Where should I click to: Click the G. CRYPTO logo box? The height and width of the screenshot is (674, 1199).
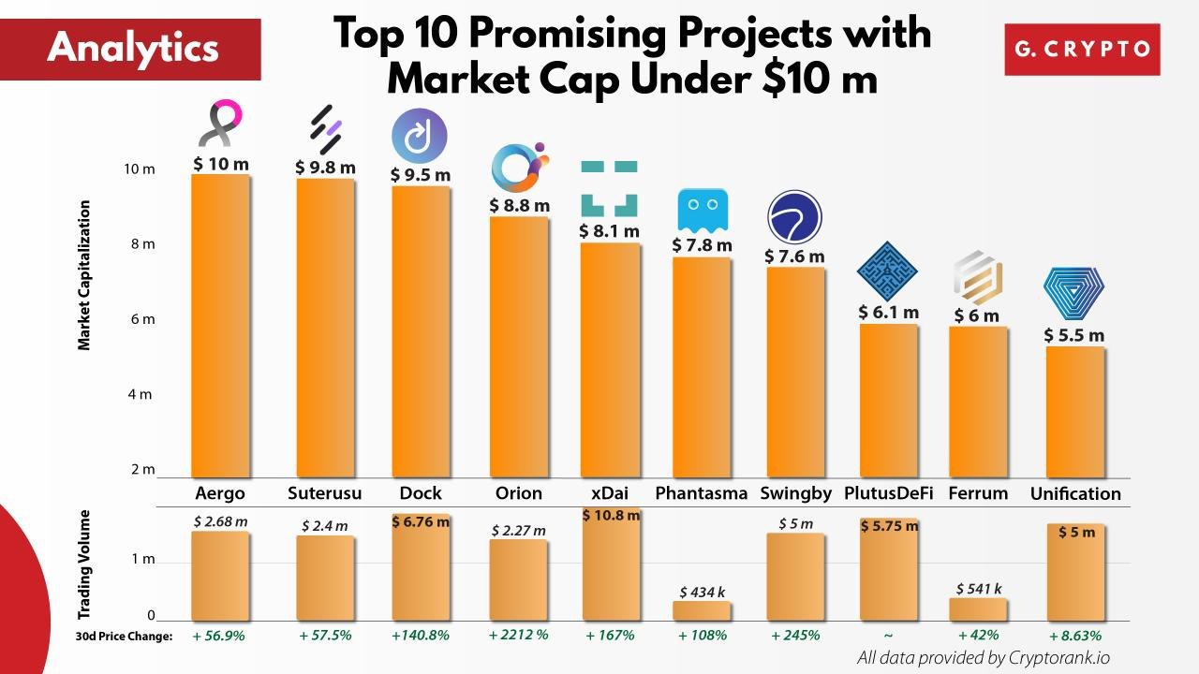(1082, 49)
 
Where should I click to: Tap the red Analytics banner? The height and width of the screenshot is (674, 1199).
(131, 49)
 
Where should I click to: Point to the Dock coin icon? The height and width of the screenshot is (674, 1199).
(419, 134)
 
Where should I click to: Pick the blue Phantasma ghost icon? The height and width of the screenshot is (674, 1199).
(702, 211)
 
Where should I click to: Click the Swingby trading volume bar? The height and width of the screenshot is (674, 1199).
(795, 576)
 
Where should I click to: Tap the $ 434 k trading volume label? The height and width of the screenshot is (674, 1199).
(702, 592)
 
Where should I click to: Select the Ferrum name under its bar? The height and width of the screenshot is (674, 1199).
(978, 493)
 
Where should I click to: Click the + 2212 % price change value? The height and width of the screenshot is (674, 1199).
(518, 635)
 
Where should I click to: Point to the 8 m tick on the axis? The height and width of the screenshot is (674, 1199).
(141, 244)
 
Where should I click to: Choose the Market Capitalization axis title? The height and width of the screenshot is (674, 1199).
(84, 275)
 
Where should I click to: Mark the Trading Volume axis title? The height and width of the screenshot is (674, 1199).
(84, 564)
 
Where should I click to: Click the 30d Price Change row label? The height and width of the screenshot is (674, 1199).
(125, 636)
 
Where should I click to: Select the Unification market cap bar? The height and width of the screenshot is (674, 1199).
(1075, 412)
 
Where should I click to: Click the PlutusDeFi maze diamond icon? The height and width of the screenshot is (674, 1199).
(887, 271)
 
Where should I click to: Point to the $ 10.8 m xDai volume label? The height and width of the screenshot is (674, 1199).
(612, 515)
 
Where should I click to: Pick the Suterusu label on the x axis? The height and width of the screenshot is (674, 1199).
(323, 493)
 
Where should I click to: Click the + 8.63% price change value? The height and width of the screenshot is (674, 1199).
(1074, 635)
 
